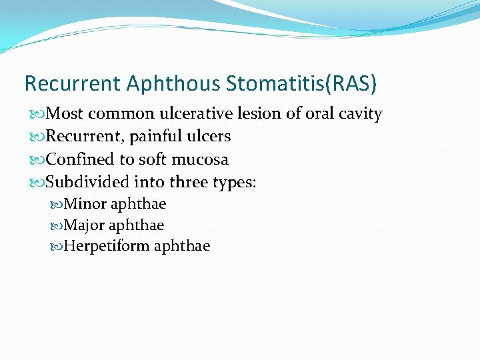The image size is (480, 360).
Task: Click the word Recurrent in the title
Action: (72, 83)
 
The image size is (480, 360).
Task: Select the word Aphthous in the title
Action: (173, 83)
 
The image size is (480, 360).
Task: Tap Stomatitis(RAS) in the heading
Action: (301, 83)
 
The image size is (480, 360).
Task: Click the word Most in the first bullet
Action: (65, 114)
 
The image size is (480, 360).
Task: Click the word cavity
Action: (360, 114)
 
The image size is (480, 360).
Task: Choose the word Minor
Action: (85, 204)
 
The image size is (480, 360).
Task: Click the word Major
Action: (85, 225)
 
